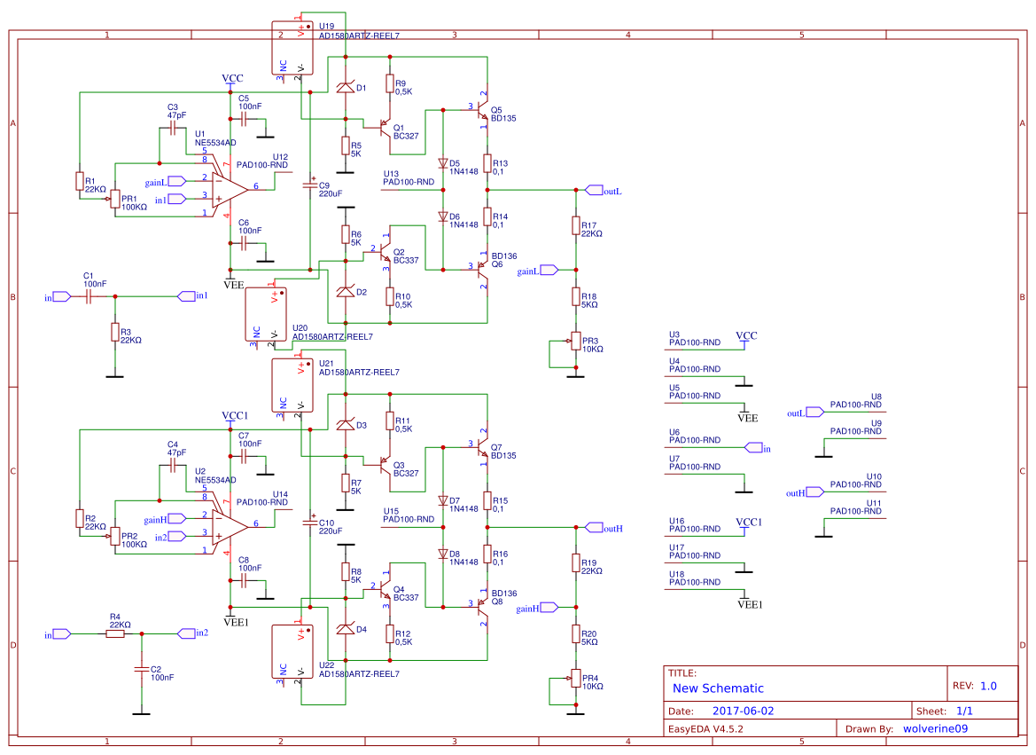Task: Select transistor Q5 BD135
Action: (481, 110)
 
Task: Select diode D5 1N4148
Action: (441, 163)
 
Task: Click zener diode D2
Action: (346, 292)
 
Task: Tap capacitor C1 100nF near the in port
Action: (89, 297)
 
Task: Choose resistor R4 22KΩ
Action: (117, 634)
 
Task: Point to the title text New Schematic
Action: (718, 688)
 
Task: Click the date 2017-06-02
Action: (743, 712)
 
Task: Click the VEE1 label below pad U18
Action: (750, 604)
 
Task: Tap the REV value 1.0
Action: (988, 686)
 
